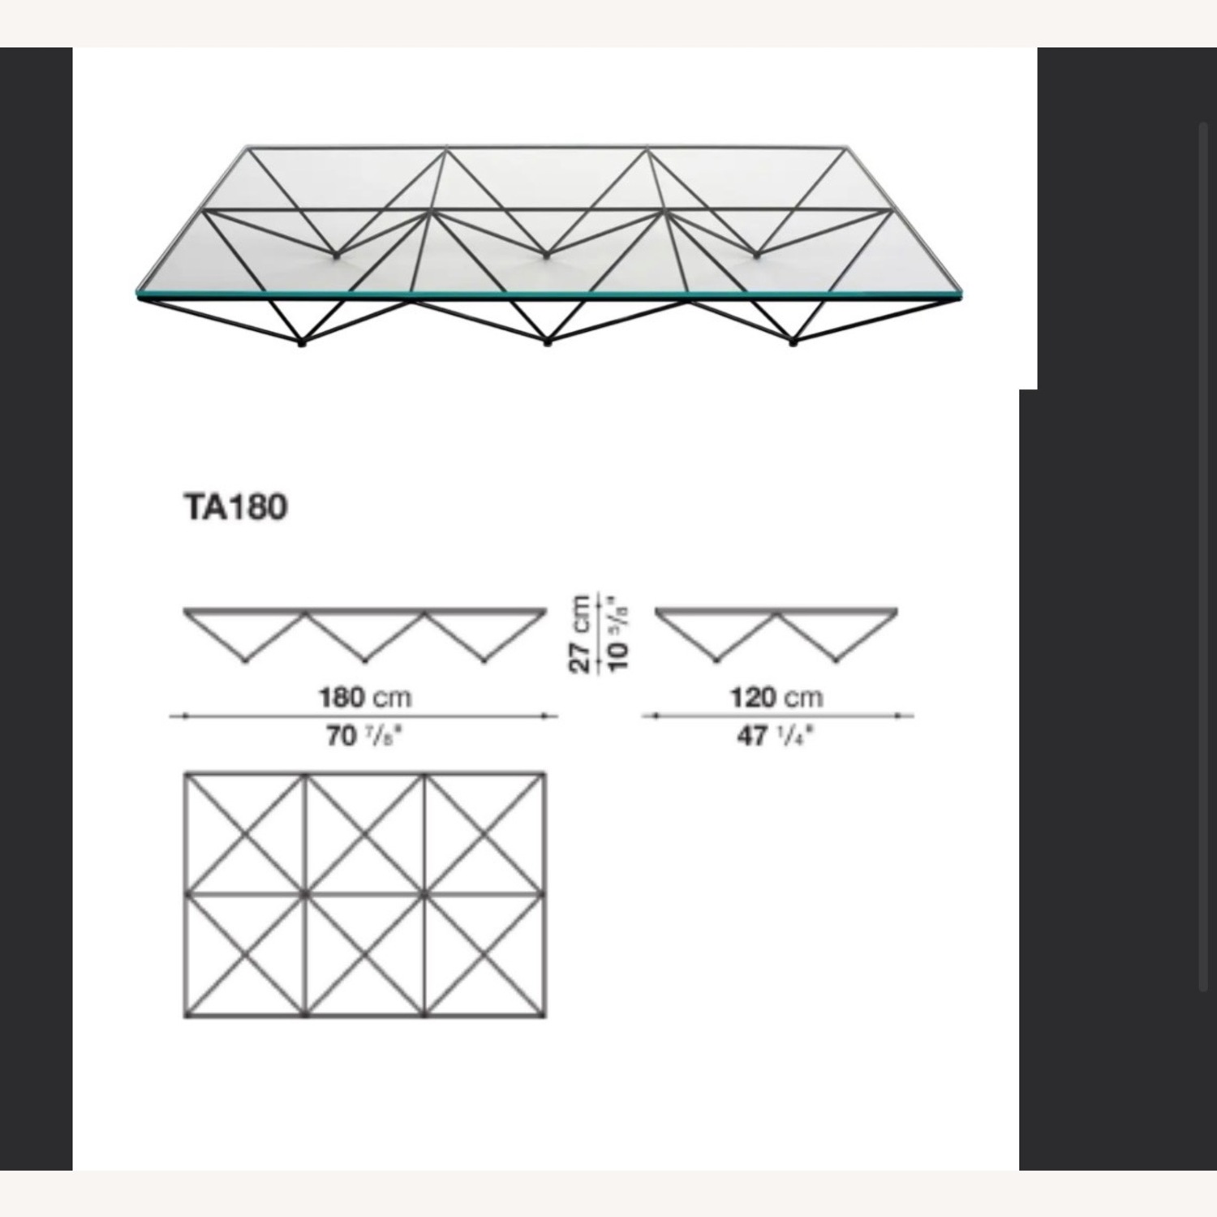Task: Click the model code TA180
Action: (236, 508)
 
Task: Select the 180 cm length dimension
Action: (364, 697)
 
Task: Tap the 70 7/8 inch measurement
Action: (364, 736)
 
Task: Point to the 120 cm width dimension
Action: (776, 697)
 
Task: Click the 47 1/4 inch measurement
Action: (776, 736)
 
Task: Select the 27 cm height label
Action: (580, 633)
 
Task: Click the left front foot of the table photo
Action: (303, 343)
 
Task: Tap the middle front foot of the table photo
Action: (548, 343)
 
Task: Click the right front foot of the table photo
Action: (793, 343)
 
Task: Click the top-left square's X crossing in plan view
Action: (245, 833)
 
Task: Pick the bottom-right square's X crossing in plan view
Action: (484, 955)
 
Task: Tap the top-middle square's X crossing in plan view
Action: (364, 833)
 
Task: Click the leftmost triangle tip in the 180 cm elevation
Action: (245, 661)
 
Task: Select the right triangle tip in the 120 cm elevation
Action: (836, 661)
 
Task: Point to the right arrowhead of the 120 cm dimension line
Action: (899, 716)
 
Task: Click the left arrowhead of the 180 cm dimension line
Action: (186, 716)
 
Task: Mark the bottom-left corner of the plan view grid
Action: (186, 1017)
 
